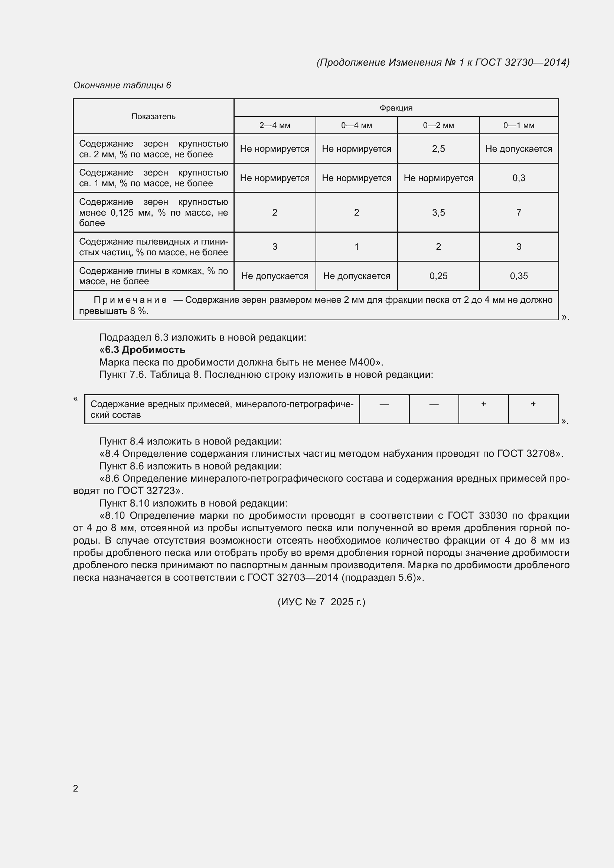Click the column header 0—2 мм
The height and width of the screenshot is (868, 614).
coord(438,125)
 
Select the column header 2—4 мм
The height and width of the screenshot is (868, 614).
coord(274,125)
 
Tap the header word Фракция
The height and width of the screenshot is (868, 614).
coord(396,108)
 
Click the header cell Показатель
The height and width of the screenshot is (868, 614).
coord(154,117)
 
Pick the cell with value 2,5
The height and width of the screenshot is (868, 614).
coord(438,149)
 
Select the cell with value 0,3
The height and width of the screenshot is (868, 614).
coord(518,178)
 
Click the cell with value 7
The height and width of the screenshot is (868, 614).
coord(518,213)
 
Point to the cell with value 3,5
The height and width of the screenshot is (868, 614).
coord(438,213)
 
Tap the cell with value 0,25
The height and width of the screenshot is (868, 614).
coord(438,276)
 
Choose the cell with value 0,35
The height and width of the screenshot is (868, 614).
coord(518,276)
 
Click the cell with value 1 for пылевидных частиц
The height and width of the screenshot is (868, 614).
coord(356,247)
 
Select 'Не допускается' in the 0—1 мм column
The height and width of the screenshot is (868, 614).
coord(518,149)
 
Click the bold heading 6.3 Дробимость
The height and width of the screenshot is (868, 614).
coord(145,350)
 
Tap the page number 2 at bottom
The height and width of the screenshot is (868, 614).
coord(76,788)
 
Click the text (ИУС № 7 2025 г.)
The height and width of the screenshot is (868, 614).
coord(321,602)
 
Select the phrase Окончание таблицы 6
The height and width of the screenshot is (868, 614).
coord(122,85)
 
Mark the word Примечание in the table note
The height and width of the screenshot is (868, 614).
coord(130,300)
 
